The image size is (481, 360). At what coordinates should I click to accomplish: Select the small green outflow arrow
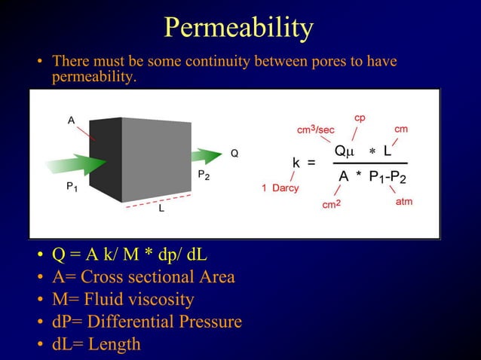[x=204, y=156]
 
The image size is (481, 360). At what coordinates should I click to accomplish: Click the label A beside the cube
[x=71, y=121]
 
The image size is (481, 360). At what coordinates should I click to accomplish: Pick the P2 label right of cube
[x=204, y=175]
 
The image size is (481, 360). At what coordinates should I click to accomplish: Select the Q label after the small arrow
[x=234, y=153]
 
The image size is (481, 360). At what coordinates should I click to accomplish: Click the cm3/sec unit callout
[x=315, y=130]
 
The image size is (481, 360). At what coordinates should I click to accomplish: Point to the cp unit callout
[x=360, y=118]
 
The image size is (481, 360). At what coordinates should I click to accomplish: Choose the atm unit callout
[x=404, y=202]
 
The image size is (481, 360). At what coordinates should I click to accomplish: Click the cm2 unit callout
[x=332, y=204]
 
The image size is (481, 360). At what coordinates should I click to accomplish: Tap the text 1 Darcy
[x=280, y=188]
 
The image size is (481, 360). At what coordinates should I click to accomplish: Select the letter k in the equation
[x=297, y=162]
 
